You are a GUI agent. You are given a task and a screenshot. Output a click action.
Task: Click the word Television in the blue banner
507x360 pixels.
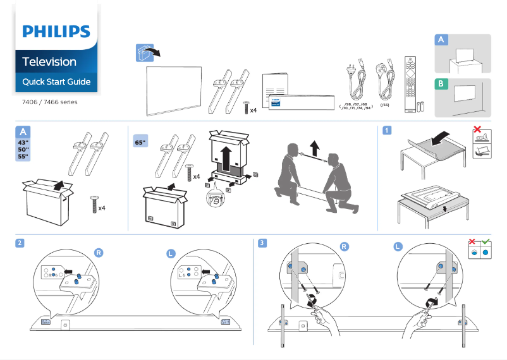tap(49, 62)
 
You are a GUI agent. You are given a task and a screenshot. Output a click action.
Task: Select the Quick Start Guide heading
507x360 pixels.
tap(56, 82)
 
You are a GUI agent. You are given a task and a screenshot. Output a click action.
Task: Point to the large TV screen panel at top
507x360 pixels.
tap(174, 89)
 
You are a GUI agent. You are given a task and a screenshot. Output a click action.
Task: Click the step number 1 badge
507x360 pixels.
tap(386, 131)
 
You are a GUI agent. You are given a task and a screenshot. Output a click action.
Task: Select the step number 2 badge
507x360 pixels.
tap(21, 243)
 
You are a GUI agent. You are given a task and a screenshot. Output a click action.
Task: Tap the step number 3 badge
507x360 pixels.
tap(262, 243)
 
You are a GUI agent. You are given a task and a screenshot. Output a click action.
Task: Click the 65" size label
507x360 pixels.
tap(140, 143)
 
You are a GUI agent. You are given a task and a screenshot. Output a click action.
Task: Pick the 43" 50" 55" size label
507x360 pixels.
tap(23, 148)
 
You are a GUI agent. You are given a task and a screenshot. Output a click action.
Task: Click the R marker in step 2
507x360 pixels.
tap(99, 252)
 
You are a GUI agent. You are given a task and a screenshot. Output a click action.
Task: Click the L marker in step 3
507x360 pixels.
tap(398, 246)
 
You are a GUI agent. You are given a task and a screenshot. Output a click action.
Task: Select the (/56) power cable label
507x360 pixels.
tap(384, 105)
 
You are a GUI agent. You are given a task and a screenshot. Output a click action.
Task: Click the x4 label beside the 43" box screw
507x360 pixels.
tap(102, 208)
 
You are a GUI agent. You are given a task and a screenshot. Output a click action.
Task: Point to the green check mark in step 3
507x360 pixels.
tap(486, 242)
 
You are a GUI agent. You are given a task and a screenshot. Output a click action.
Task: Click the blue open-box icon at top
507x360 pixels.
tap(145, 52)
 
